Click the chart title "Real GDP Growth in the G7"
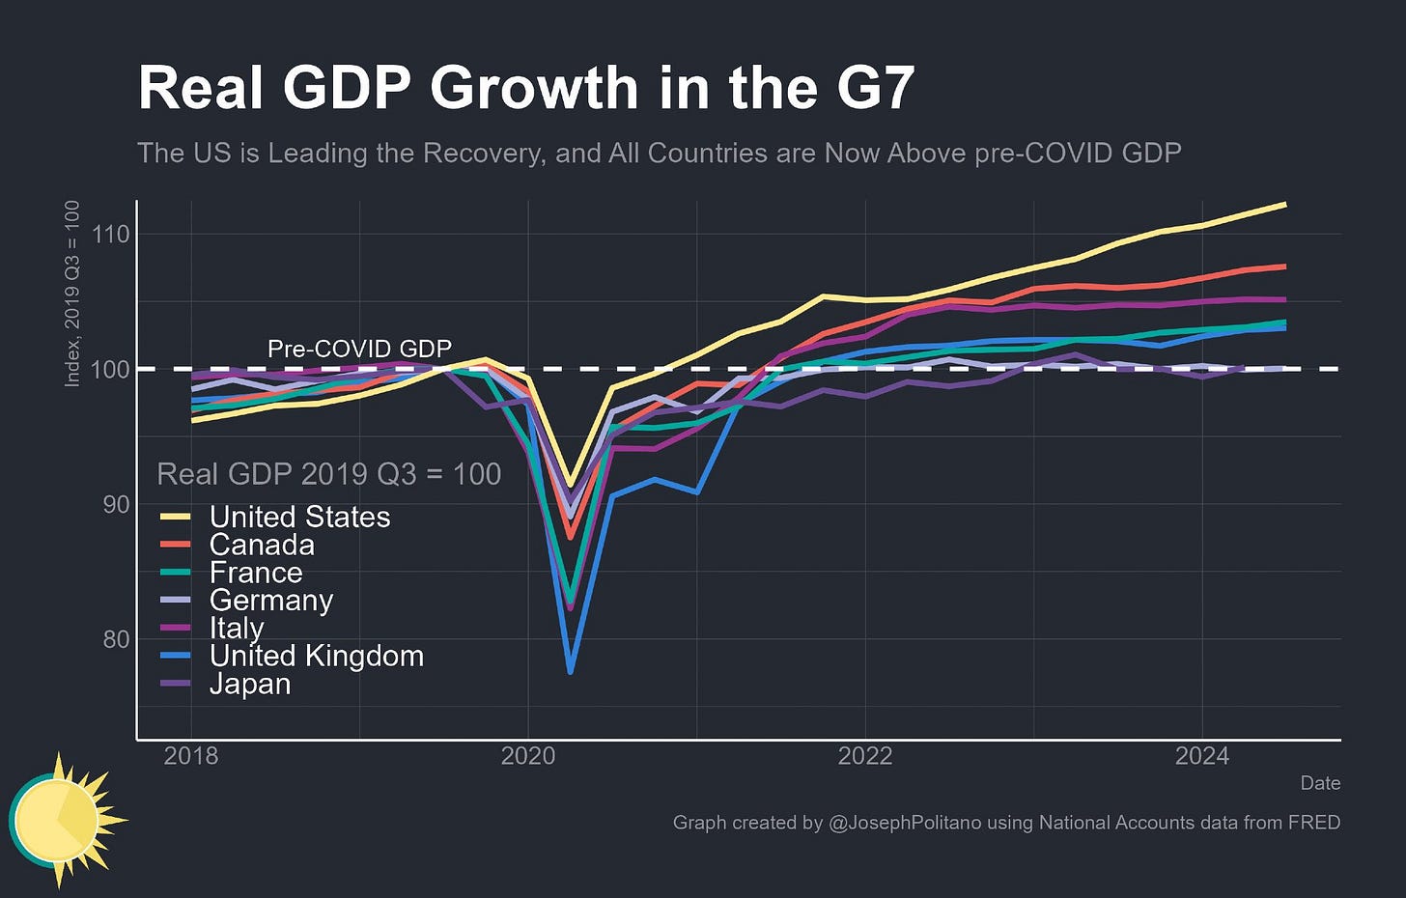click(525, 88)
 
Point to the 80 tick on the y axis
click(117, 639)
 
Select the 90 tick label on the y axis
click(117, 504)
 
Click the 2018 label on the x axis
click(191, 755)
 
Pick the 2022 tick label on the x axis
click(864, 755)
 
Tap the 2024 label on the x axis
click(1201, 755)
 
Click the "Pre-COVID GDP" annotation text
click(359, 349)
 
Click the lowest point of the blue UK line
click(571, 671)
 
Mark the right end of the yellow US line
click(1284, 205)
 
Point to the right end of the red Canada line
click(1284, 267)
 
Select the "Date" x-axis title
click(1320, 783)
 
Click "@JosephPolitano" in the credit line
click(904, 823)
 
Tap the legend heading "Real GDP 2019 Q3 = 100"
click(328, 474)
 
